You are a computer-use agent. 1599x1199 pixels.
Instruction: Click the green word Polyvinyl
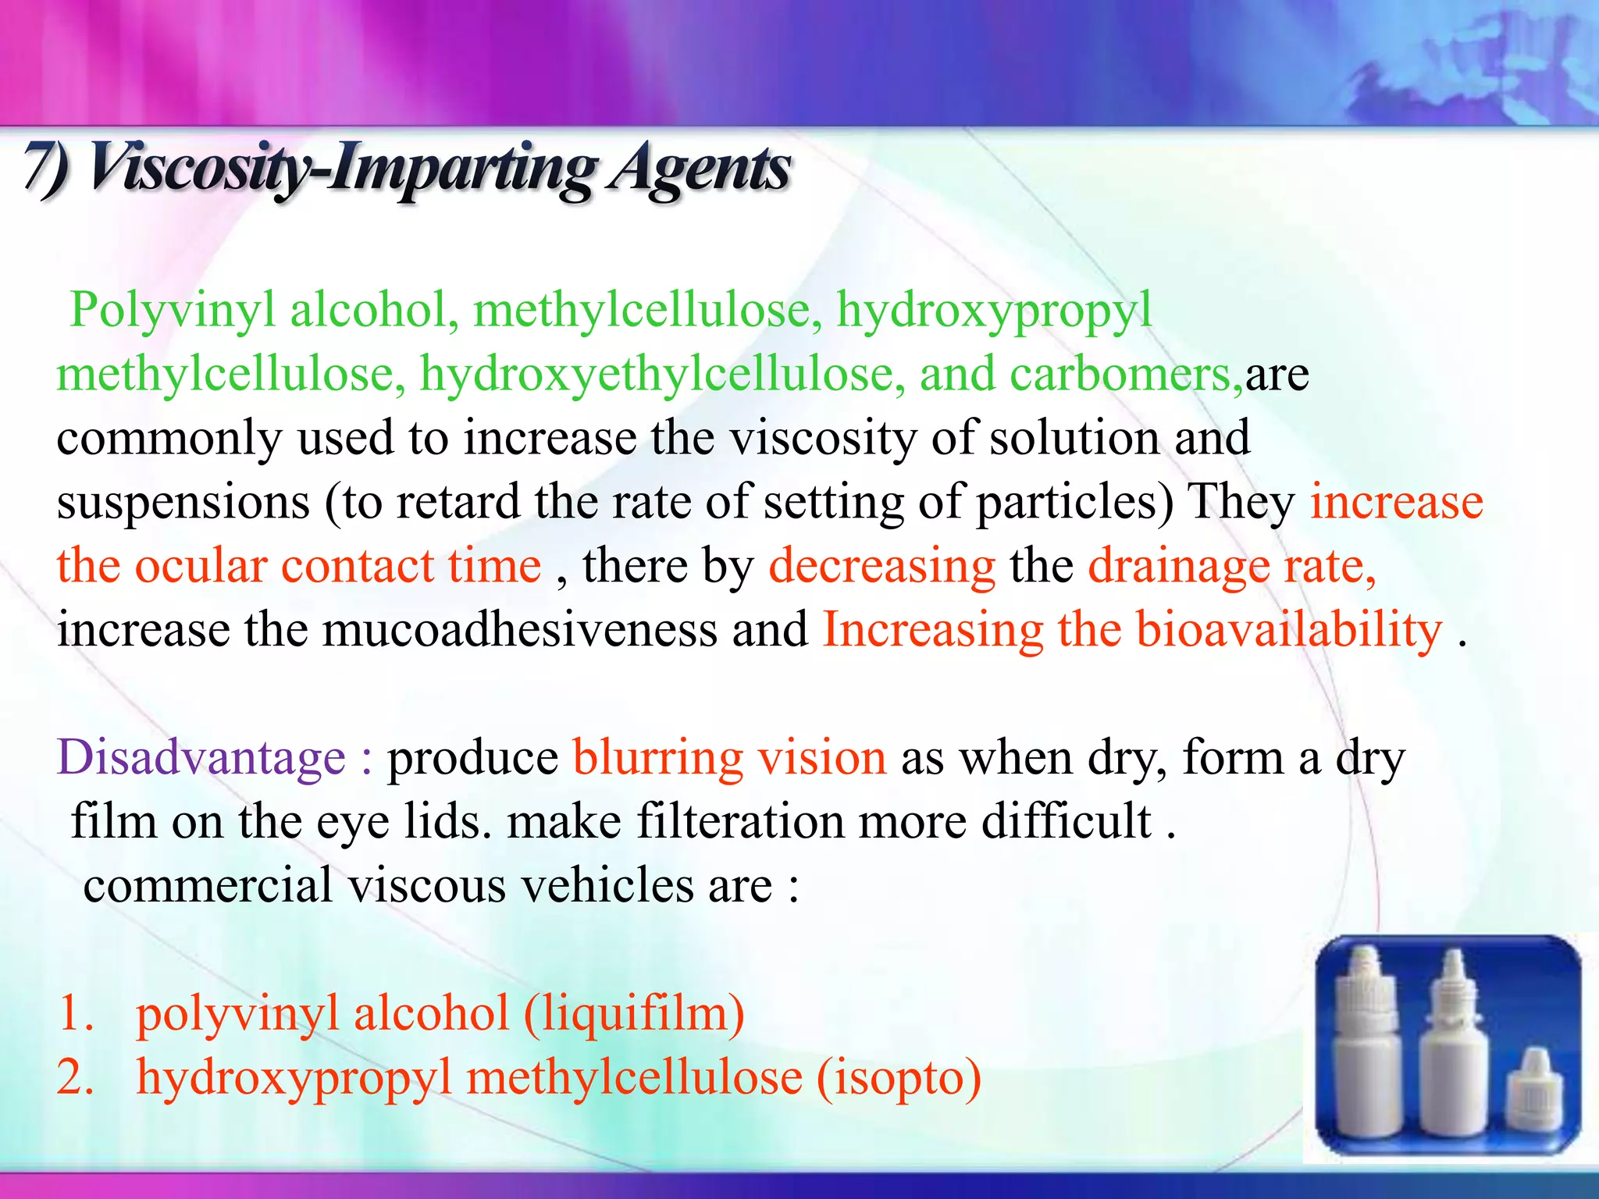point(173,310)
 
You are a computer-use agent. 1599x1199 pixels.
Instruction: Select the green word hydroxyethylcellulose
point(662,374)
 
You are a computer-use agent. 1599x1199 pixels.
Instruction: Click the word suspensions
point(183,502)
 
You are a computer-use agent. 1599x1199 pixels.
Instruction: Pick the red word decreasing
point(882,566)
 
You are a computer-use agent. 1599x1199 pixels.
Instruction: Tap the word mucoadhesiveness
point(519,630)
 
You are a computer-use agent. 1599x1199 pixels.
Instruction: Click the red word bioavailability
point(1288,630)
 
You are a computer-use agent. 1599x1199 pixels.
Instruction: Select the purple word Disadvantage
point(201,758)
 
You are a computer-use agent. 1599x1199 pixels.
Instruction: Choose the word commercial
point(208,886)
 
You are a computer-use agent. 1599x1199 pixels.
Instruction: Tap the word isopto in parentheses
point(899,1078)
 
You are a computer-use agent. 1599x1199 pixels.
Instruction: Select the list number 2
point(76,1078)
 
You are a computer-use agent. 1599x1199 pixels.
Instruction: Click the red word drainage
point(1179,566)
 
